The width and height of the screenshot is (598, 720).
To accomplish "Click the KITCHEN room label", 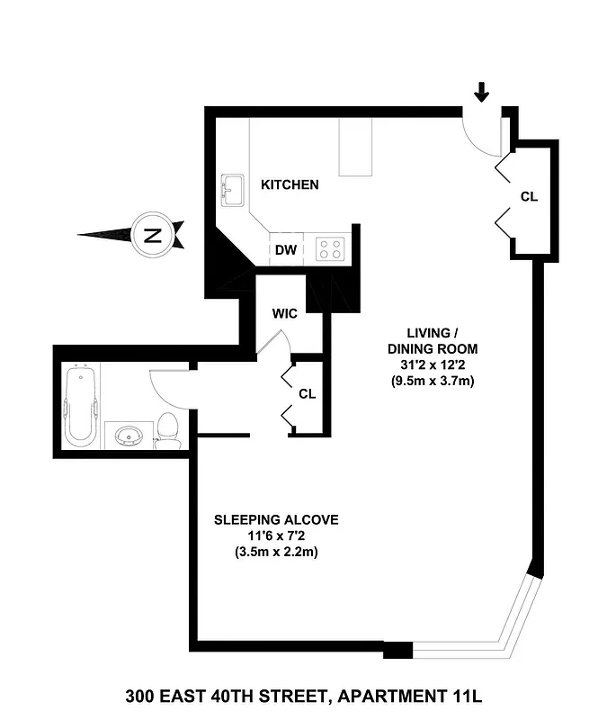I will click(x=290, y=185).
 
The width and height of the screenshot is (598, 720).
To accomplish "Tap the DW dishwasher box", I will click(x=286, y=249).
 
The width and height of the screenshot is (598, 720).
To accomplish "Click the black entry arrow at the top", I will click(x=483, y=91).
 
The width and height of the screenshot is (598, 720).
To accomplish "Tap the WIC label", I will click(x=287, y=314).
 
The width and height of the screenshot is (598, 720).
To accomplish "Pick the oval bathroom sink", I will click(x=129, y=436).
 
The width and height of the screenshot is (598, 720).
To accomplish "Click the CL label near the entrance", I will click(x=529, y=197).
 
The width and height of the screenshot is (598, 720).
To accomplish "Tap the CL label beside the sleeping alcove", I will click(x=307, y=394).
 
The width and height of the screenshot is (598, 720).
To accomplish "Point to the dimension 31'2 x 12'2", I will click(x=432, y=364).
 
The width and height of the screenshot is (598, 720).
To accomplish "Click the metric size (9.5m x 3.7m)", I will click(x=432, y=381).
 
